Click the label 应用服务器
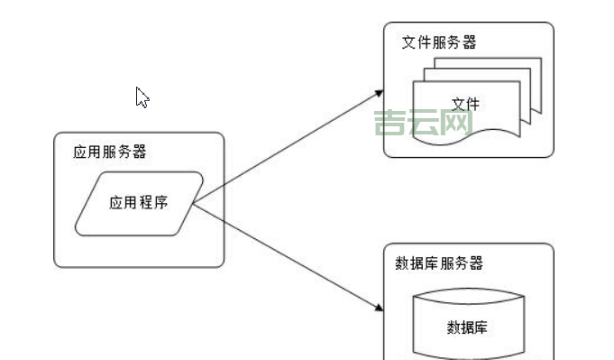click(x=109, y=152)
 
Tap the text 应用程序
click(x=138, y=203)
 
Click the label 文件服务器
click(x=439, y=42)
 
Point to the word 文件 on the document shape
click(x=465, y=105)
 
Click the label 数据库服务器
click(x=439, y=263)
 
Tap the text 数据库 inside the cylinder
click(x=467, y=328)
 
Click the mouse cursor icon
click(x=142, y=97)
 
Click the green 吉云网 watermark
click(x=424, y=123)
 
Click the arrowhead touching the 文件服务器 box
click(x=378, y=92)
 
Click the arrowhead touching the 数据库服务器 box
click(x=378, y=309)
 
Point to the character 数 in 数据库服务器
click(x=402, y=263)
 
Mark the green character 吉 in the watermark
click(x=390, y=123)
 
